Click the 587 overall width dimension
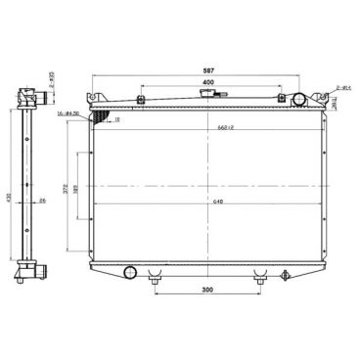207,71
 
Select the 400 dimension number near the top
207,83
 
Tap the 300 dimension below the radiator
207,291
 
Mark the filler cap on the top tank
206,96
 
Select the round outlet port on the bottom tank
130,272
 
